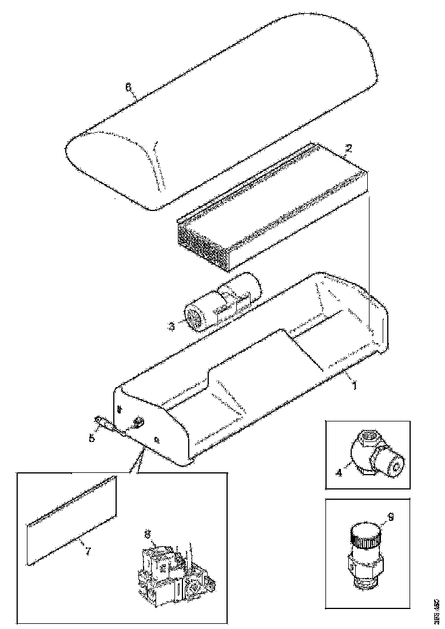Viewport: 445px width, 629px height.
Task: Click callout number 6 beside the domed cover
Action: pos(128,86)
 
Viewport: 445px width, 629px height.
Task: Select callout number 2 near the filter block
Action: pos(348,147)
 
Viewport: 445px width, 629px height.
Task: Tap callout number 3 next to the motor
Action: pos(171,327)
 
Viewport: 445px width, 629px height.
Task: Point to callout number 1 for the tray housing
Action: pos(354,385)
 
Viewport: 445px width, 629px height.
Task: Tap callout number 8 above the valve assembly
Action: pos(147,535)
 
